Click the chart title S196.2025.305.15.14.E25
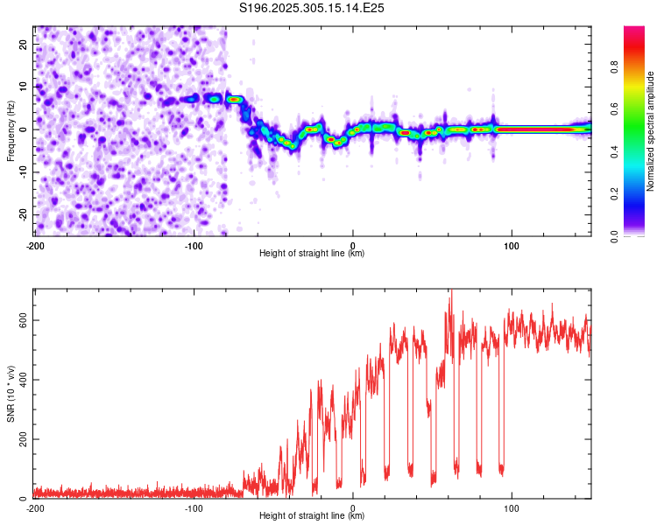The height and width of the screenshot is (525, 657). click(x=313, y=8)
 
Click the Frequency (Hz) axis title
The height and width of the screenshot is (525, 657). click(x=11, y=130)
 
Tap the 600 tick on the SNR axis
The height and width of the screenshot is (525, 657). click(x=21, y=320)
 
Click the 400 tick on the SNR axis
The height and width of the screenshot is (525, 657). click(x=21, y=380)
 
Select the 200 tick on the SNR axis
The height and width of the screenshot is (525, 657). click(x=21, y=439)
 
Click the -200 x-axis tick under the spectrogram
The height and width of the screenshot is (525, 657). click(x=35, y=246)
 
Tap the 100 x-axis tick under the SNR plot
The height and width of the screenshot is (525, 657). click(x=512, y=508)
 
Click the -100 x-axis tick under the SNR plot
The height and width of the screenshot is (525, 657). click(x=194, y=508)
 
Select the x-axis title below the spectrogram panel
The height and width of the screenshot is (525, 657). click(x=312, y=254)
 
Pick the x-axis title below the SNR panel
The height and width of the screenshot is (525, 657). click(x=312, y=516)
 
